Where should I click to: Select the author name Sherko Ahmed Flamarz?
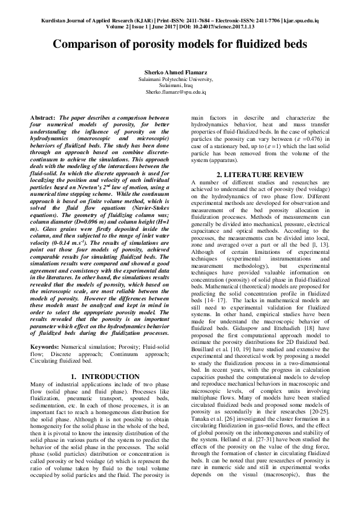tap(180, 73)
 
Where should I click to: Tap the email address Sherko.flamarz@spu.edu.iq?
tap(180, 92)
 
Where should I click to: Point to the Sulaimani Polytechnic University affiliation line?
tap(180, 79)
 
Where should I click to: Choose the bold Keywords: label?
tap(45, 346)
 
